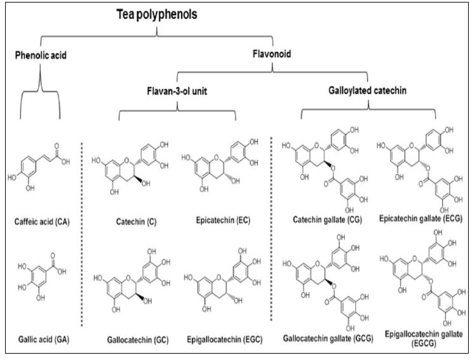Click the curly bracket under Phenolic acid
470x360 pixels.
[41, 95]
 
